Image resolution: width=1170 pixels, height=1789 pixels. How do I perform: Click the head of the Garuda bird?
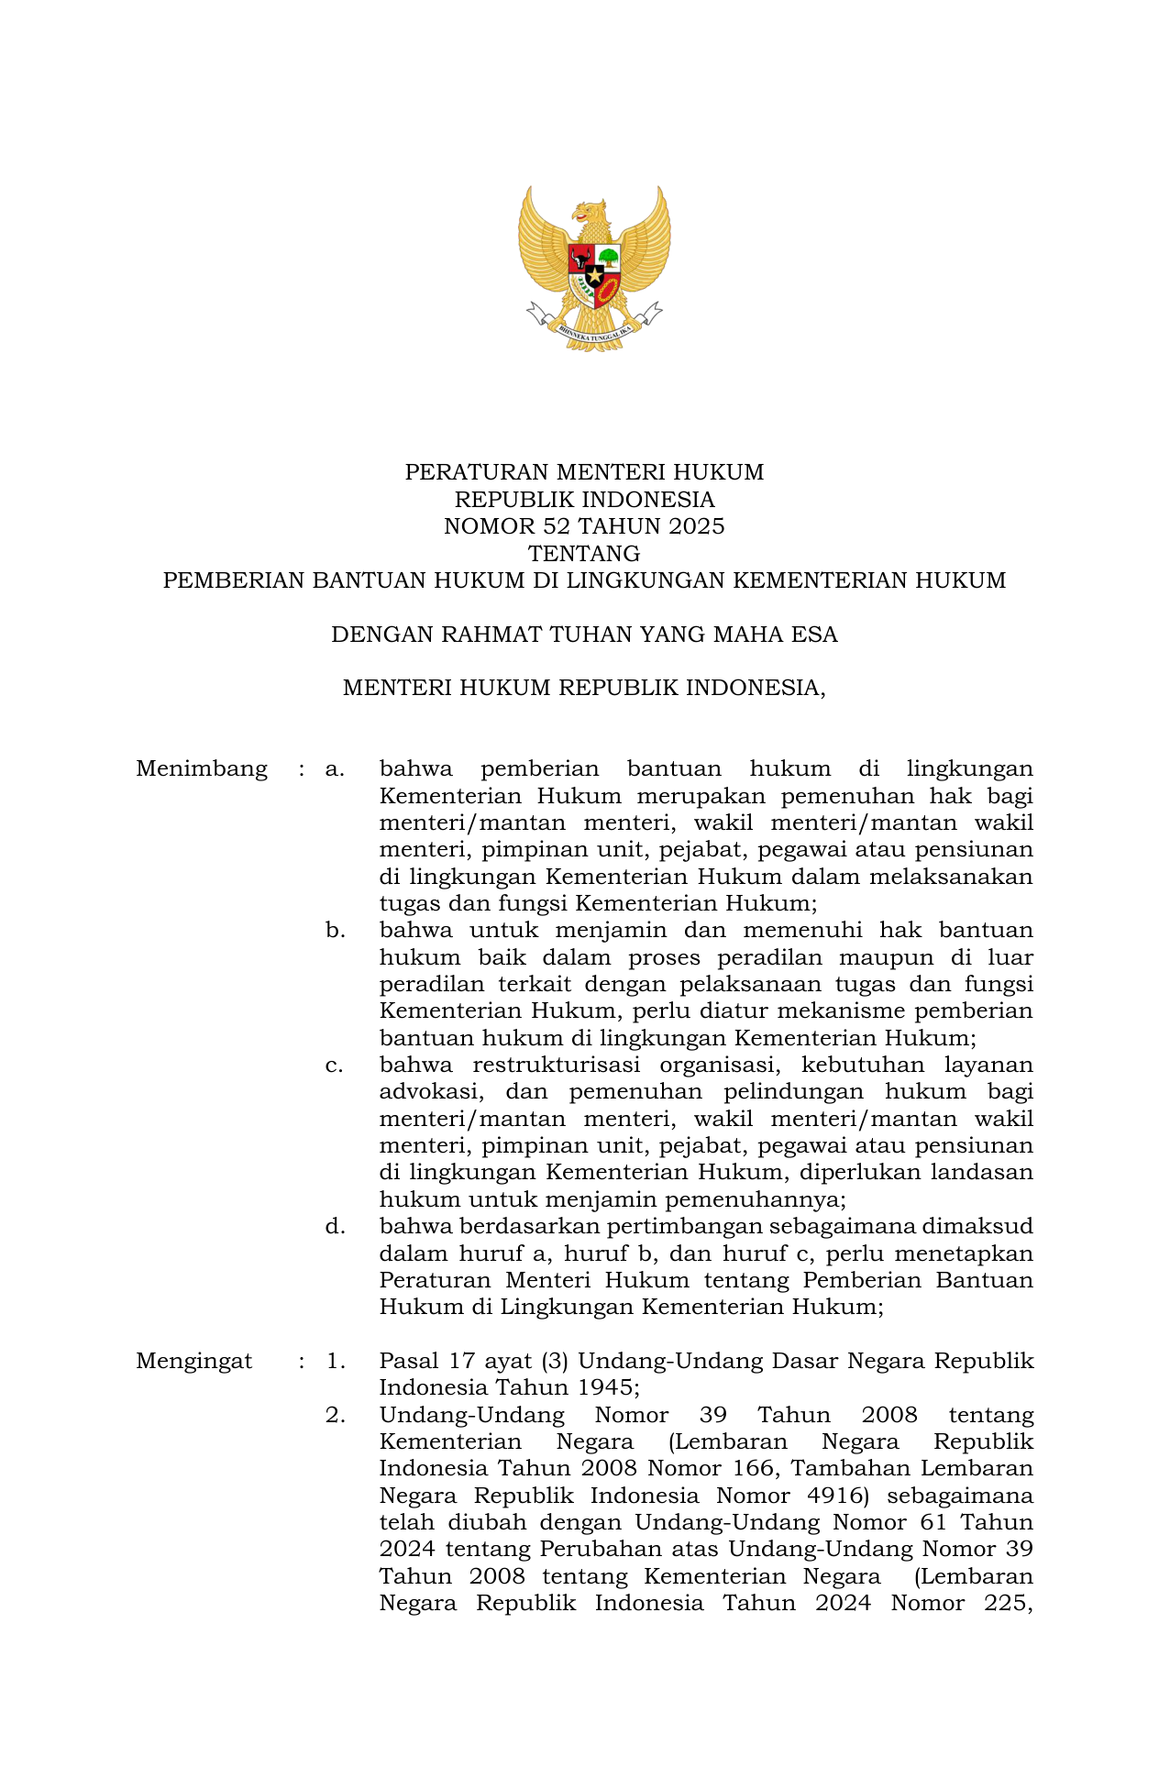coord(590,213)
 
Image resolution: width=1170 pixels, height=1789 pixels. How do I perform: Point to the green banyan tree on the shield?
coord(609,258)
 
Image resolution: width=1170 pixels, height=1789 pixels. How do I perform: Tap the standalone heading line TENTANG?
coord(584,554)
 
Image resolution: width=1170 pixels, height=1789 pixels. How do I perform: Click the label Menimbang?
coord(202,768)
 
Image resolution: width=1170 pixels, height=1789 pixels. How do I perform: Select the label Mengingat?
coord(194,1361)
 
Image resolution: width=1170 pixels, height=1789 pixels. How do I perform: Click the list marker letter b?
coord(335,931)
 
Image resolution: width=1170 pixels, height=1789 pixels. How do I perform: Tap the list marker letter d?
coord(335,1227)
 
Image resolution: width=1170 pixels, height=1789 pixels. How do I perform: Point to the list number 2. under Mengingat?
coord(335,1415)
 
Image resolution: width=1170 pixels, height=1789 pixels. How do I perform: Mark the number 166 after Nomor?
coord(756,1469)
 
